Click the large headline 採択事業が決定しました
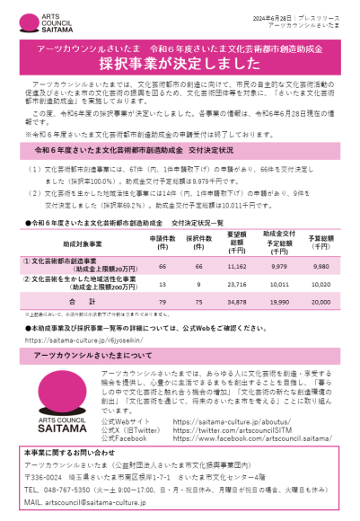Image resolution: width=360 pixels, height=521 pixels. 180,66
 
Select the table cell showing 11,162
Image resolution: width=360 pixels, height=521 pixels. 235,267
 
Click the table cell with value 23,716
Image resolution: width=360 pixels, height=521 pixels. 235,285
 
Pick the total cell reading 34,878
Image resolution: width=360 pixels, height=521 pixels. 235,303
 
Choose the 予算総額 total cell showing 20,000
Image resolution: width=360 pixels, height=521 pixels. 320,303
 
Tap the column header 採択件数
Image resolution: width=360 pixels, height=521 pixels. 198,242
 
